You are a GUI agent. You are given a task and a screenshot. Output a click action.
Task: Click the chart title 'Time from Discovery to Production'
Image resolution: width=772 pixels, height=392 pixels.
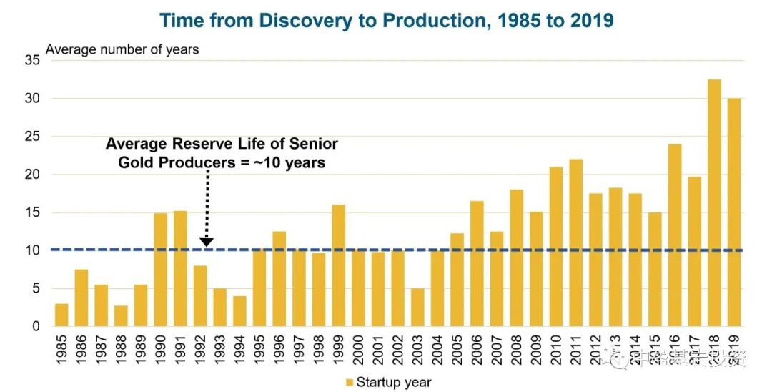pos(386,19)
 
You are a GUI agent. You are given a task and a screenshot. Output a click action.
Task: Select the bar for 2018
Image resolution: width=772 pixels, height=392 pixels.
pos(714,203)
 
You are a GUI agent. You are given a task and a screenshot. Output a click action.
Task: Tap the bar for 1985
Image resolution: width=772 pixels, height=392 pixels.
pos(62,315)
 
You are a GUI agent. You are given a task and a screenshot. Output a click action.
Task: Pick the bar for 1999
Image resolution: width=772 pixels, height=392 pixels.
pos(339,265)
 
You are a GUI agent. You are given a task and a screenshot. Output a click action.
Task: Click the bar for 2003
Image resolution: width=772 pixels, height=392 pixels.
pos(417,308)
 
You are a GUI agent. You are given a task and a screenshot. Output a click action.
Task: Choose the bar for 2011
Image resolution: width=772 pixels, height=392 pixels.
pos(575,242)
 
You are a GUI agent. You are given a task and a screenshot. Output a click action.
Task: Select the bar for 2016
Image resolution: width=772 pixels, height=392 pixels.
pos(674,235)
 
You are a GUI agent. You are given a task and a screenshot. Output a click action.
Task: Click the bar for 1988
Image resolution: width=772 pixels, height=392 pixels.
pos(122,316)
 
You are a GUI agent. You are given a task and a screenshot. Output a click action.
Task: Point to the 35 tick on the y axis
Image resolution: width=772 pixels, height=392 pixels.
pos(31,61)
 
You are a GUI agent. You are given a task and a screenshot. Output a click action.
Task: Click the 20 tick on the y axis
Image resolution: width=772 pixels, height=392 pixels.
pos(31,175)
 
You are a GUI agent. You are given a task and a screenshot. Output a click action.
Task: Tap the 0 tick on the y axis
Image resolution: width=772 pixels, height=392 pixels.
pos(35,327)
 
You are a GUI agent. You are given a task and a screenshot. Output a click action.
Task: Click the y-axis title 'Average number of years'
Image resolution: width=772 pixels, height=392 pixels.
pos(122,49)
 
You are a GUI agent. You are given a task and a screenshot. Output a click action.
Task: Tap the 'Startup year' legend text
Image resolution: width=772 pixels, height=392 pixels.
pos(394,382)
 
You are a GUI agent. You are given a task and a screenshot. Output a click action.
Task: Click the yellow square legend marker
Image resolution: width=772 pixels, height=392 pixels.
pos(350,382)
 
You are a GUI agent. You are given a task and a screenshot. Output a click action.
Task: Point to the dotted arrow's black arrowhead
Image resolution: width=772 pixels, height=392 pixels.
pos(206,241)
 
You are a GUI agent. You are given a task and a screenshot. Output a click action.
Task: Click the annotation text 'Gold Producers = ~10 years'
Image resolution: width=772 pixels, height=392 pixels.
pos(221,162)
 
